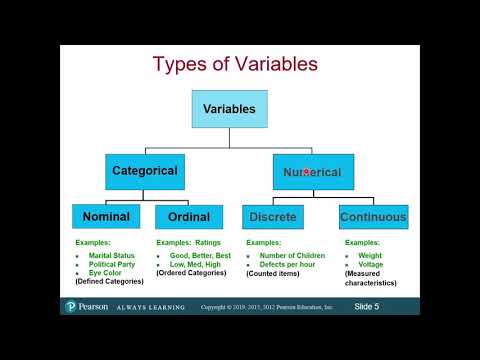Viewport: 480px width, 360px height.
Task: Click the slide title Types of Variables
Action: point(235,65)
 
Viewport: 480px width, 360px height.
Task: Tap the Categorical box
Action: point(145,171)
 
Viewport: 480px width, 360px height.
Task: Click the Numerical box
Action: point(312,172)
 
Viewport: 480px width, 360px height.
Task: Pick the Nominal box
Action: point(107,216)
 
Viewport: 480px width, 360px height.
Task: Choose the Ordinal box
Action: point(188,216)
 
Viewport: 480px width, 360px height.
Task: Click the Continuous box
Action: point(372,216)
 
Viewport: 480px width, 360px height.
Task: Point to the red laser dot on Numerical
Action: point(305,172)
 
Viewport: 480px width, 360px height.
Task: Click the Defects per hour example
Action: point(291,264)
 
